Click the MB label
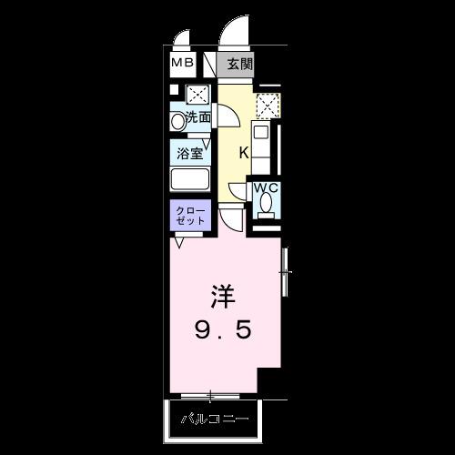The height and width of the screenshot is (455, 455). [183, 65]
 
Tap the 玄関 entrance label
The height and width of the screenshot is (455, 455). [239, 65]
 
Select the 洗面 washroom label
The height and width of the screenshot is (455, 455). [199, 117]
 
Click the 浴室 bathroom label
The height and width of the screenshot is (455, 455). [190, 154]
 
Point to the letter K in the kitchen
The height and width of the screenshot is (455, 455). [244, 151]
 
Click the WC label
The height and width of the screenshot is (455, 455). [265, 189]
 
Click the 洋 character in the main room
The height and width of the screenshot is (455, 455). [224, 297]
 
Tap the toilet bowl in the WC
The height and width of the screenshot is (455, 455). [265, 207]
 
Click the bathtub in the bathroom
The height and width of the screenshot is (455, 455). [190, 178]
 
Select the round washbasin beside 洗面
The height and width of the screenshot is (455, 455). [177, 119]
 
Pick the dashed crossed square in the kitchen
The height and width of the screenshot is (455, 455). [266, 106]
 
